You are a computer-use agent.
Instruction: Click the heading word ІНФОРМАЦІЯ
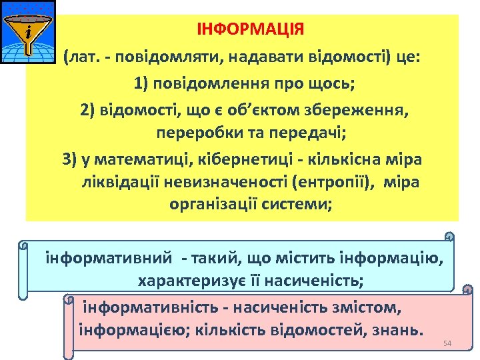click(250, 30)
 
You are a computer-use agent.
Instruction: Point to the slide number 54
click(447, 343)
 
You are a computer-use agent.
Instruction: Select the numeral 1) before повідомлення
click(143, 85)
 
